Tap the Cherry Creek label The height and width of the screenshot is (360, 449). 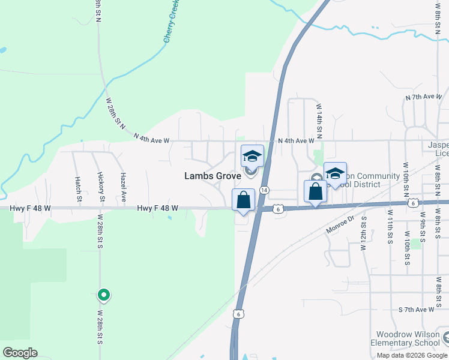(x=172, y=22)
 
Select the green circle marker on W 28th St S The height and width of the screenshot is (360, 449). (x=103, y=295)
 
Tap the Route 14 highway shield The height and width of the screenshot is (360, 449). (x=265, y=190)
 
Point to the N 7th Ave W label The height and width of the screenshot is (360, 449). (x=424, y=97)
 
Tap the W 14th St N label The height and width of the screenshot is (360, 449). (x=319, y=118)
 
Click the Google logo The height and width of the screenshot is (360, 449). (x=20, y=353)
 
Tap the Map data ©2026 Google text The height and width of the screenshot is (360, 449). (x=411, y=355)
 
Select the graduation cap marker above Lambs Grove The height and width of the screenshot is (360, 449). (x=252, y=157)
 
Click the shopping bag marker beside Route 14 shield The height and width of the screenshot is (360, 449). (x=243, y=200)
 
